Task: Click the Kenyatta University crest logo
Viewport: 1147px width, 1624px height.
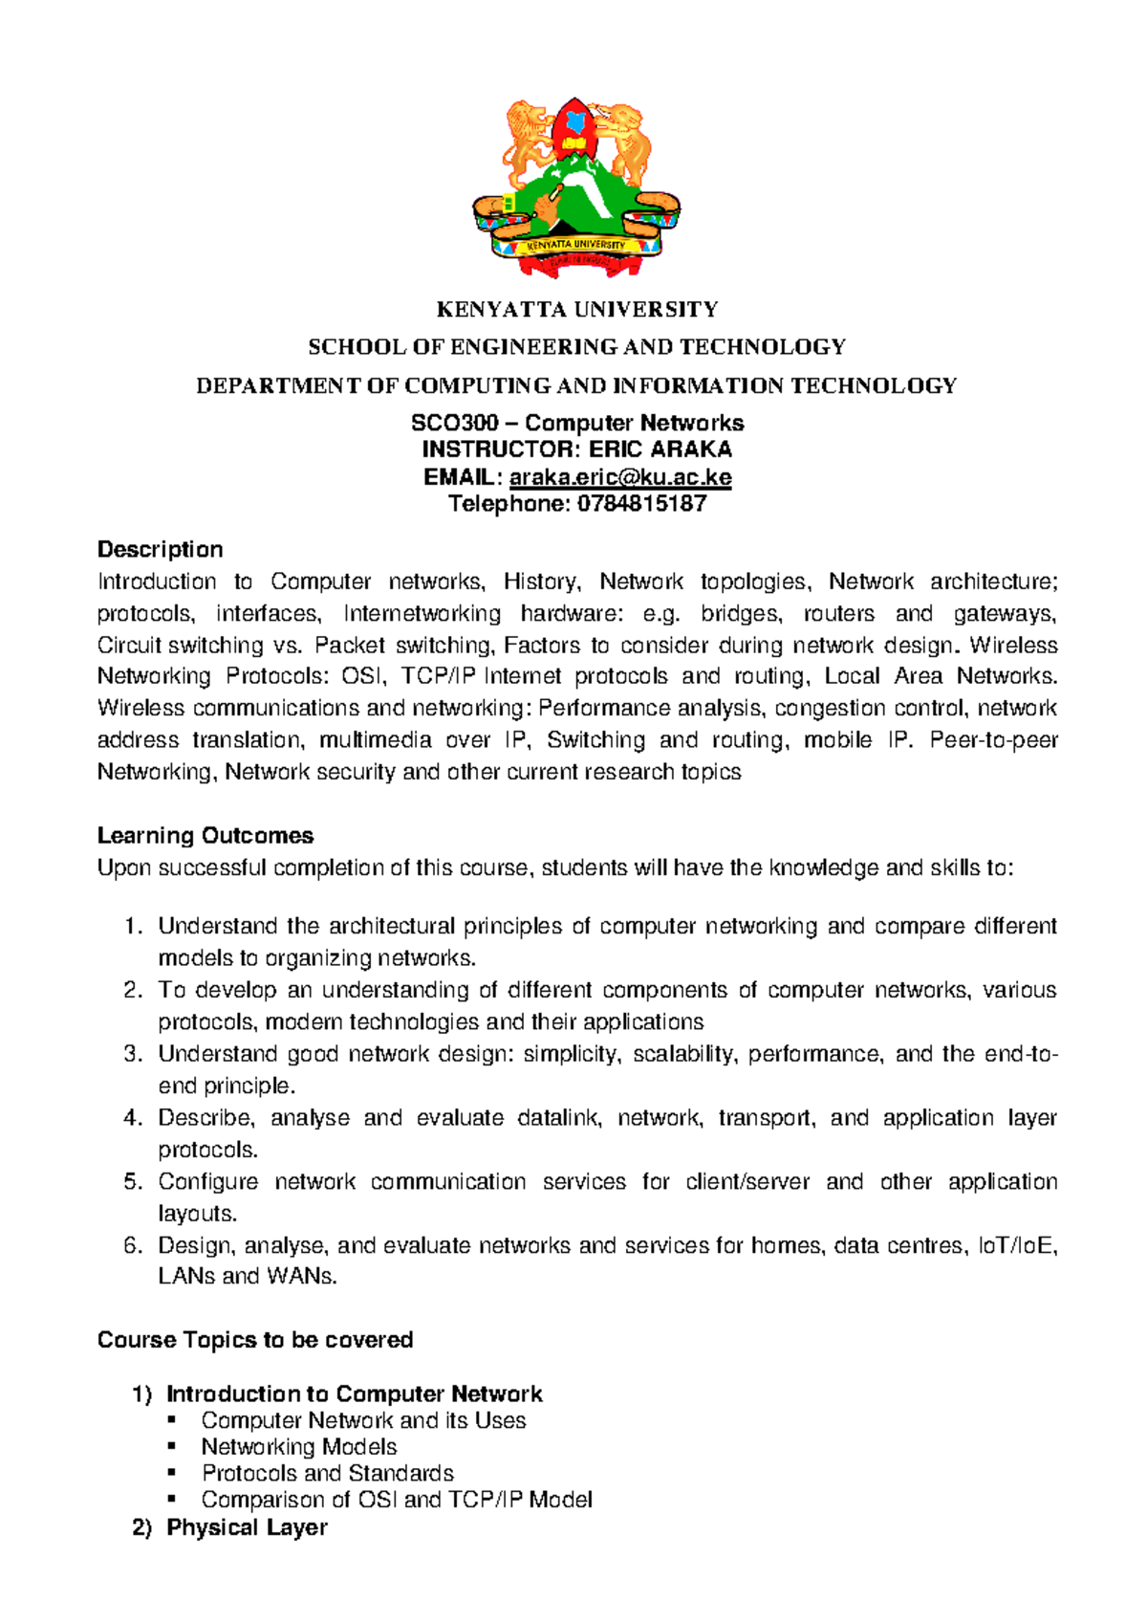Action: pyautogui.click(x=576, y=187)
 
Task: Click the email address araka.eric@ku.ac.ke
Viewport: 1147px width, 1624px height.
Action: pyautogui.click(x=620, y=476)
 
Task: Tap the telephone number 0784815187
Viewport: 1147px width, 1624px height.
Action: pyautogui.click(x=641, y=504)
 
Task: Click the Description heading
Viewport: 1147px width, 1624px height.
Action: pyautogui.click(x=160, y=549)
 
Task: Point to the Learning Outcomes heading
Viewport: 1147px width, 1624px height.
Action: pyautogui.click(x=205, y=835)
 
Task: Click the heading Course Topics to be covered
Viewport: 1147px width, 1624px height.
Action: pyautogui.click(x=254, y=1339)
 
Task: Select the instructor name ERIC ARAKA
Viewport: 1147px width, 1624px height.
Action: pyautogui.click(x=660, y=450)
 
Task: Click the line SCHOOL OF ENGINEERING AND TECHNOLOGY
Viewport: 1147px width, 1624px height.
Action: pyautogui.click(x=576, y=346)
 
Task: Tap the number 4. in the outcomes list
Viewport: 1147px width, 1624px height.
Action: pyautogui.click(x=133, y=1117)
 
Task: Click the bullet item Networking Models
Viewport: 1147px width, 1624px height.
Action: pyautogui.click(x=298, y=1446)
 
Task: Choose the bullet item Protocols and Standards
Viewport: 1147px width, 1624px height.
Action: pyautogui.click(x=327, y=1473)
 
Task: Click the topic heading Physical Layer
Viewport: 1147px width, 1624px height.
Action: pyautogui.click(x=247, y=1526)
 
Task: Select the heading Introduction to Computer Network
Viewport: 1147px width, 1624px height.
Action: pyautogui.click(x=354, y=1394)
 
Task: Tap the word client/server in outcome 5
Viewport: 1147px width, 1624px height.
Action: pyautogui.click(x=747, y=1181)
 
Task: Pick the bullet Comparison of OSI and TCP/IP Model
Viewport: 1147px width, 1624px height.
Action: pyautogui.click(x=396, y=1499)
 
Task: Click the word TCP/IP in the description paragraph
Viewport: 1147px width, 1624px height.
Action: pyautogui.click(x=439, y=676)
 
